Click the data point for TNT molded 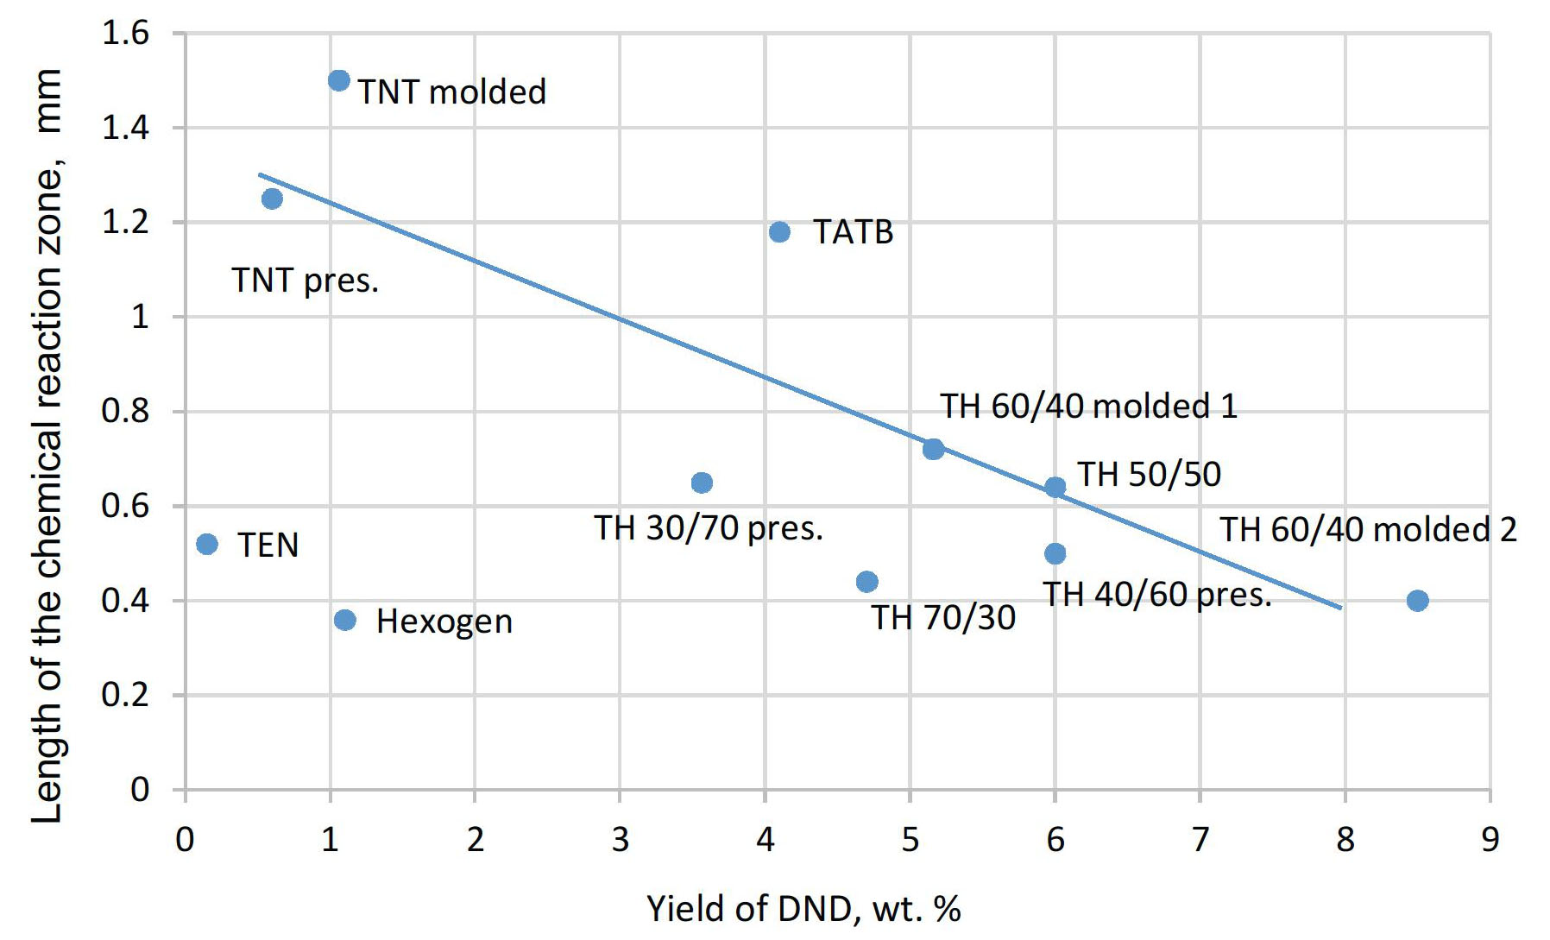click(x=339, y=80)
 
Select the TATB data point click(x=779, y=231)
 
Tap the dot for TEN click(x=207, y=544)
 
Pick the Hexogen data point click(x=344, y=620)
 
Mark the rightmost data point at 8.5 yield click(x=1417, y=600)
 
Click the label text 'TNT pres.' click(x=306, y=281)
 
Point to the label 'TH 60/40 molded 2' click(x=1368, y=529)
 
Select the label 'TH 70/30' click(x=943, y=617)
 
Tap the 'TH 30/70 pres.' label click(x=709, y=527)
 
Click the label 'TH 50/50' click(x=1150, y=474)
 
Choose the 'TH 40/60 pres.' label click(x=1157, y=594)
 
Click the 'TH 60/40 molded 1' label click(x=1088, y=406)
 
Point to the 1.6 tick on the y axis click(x=126, y=34)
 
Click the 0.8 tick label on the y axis click(x=126, y=411)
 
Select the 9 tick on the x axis click(x=1490, y=839)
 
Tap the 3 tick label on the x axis click(x=621, y=839)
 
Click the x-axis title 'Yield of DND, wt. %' click(x=803, y=909)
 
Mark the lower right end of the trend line click(x=1341, y=608)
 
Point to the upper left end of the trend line click(x=260, y=174)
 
